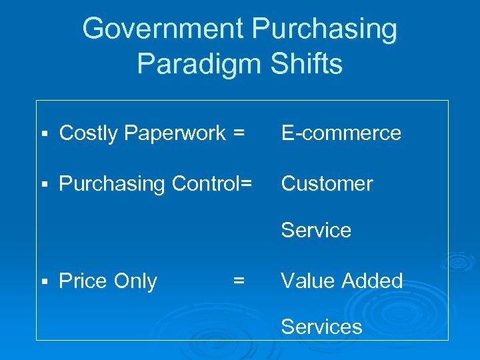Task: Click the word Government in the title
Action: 163,29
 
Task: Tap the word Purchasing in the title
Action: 325,29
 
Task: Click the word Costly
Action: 88,133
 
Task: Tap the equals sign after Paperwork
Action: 239,133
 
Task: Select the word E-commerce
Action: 341,133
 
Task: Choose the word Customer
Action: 327,183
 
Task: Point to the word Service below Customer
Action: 316,230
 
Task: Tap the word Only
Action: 135,281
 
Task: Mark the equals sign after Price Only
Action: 238,281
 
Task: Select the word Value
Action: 309,281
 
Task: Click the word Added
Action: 373,281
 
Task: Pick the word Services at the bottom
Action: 321,327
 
